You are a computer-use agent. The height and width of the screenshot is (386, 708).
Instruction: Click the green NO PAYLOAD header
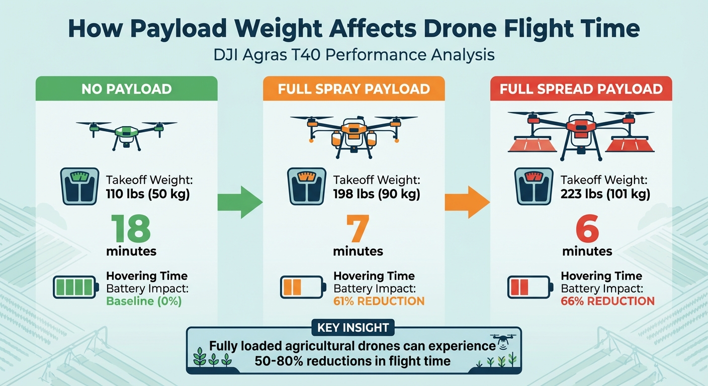(126, 89)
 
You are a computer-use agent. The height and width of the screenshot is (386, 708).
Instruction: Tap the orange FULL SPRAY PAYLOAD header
(353, 89)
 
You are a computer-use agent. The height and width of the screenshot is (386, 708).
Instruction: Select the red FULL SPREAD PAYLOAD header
(581, 89)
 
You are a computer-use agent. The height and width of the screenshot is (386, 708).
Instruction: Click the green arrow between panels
(239, 202)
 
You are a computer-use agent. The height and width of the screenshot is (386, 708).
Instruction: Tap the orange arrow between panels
(467, 202)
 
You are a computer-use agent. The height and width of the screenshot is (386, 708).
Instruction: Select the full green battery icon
(75, 287)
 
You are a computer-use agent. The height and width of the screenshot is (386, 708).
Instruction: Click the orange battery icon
(302, 287)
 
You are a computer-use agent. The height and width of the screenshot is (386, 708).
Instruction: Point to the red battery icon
(529, 287)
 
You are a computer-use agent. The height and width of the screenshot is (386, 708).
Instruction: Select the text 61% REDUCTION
(379, 301)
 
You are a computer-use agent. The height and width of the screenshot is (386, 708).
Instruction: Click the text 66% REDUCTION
(607, 301)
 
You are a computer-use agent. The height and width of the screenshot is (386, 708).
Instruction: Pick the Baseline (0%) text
(144, 301)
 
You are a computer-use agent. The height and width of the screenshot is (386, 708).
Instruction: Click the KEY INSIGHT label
(353, 328)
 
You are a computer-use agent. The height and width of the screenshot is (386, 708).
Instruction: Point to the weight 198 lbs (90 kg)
(377, 194)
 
